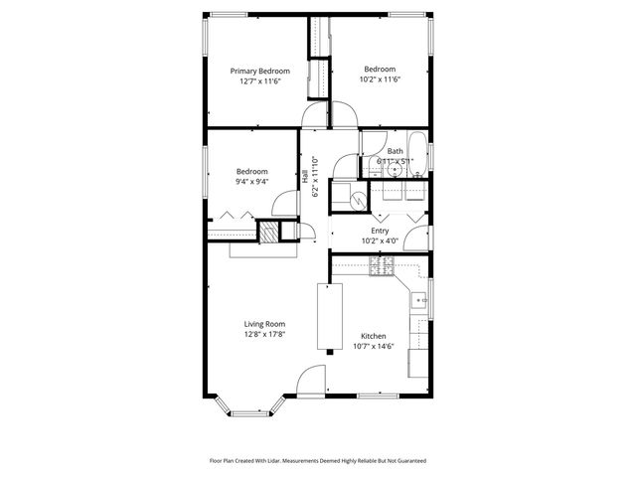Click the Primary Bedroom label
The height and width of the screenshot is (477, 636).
[259, 72]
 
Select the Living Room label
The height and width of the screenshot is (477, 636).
[265, 324]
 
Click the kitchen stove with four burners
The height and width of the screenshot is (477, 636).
[381, 265]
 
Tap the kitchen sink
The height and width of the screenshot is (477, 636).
[420, 297]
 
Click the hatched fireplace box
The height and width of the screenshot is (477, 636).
[268, 233]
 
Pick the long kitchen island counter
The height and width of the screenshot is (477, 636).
[325, 316]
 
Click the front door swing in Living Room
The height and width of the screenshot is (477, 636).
[311, 380]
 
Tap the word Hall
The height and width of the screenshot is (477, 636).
[304, 178]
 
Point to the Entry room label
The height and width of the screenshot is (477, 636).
[380, 230]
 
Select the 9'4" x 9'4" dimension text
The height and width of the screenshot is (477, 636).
[251, 182]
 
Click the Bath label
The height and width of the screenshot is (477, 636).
[396, 151]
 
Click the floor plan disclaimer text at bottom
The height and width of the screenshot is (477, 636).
[317, 460]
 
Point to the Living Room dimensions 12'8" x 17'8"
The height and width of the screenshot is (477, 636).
[265, 335]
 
